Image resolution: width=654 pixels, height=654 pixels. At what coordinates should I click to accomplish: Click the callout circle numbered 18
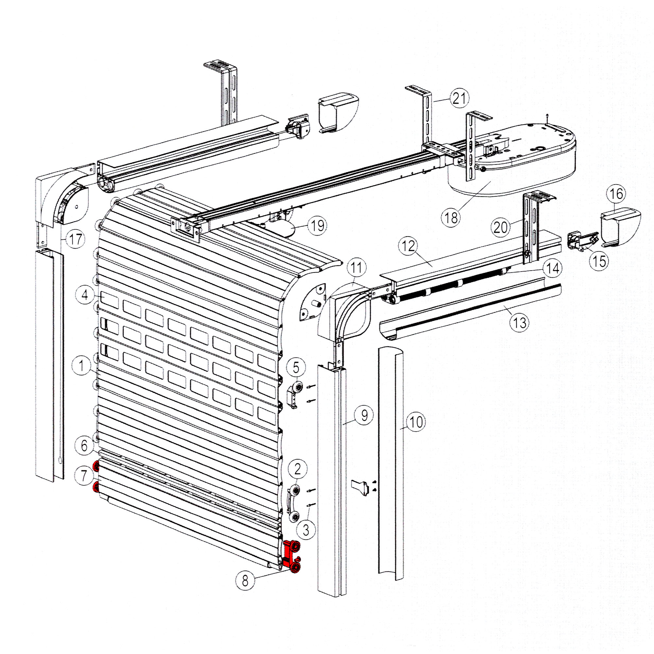(451, 218)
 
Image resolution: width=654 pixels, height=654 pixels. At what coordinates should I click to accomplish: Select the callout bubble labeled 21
(459, 98)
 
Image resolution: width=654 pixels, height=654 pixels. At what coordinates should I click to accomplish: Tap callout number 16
(616, 194)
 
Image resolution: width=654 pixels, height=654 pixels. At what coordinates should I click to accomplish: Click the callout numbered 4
(85, 295)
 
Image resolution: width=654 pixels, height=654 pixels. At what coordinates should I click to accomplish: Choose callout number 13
(520, 323)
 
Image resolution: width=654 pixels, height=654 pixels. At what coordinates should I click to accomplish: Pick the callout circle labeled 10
(416, 422)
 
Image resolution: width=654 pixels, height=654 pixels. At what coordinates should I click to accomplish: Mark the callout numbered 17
(75, 239)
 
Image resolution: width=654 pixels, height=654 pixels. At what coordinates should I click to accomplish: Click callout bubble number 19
(317, 225)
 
